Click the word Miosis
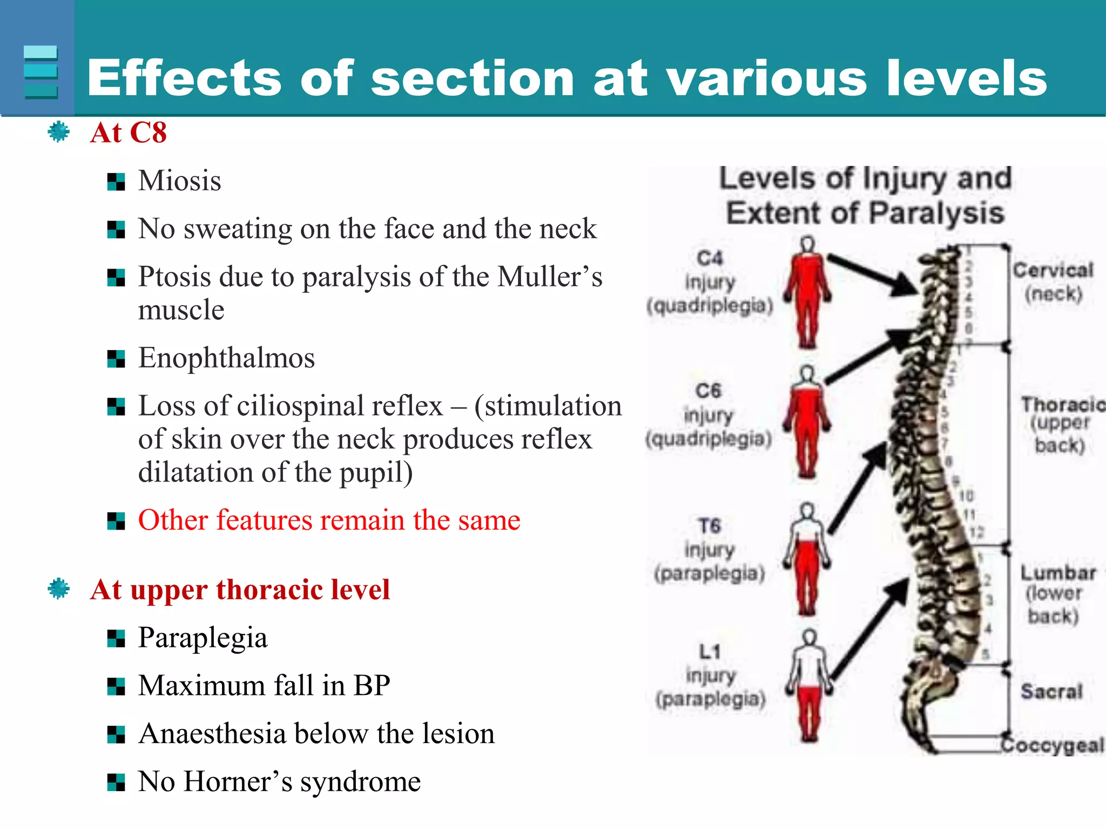(179, 181)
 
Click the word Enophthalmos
(226, 358)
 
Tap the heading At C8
(129, 133)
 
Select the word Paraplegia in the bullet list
(203, 638)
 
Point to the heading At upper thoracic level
(240, 590)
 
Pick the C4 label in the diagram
(710, 258)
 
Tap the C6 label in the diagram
(709, 391)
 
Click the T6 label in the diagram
(710, 526)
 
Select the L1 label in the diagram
(710, 652)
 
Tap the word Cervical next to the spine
(1053, 270)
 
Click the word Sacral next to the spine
(1051, 691)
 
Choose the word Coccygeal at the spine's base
(1053, 745)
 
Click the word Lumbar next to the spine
(1058, 573)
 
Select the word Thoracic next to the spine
(1062, 404)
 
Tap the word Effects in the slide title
(184, 79)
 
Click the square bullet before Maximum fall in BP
(116, 687)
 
